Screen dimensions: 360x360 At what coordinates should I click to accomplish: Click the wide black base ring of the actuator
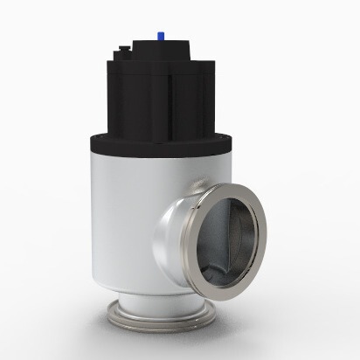click(162, 142)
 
